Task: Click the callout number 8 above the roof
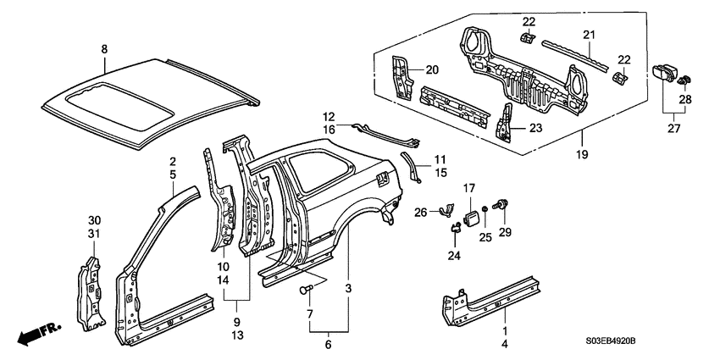tap(105, 50)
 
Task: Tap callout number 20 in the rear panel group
tap(432, 69)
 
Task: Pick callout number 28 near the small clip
tap(684, 101)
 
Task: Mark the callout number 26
tap(420, 213)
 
